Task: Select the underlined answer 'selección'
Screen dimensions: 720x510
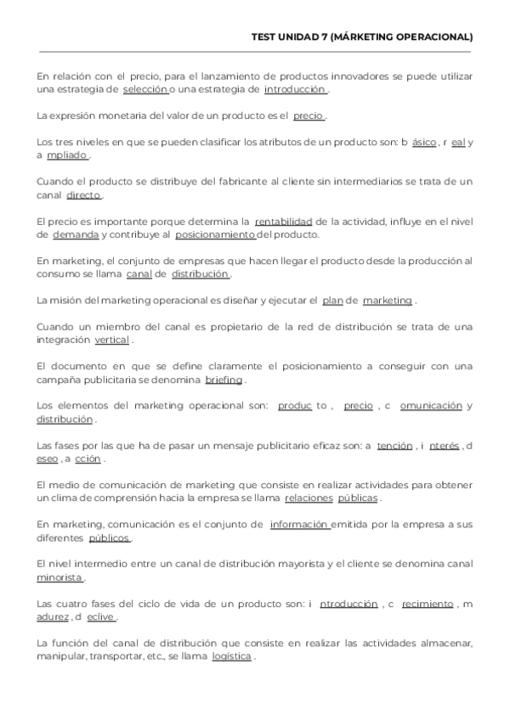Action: click(x=145, y=89)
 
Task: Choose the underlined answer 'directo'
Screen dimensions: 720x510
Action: click(x=83, y=195)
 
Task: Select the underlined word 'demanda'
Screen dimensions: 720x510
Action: click(x=75, y=235)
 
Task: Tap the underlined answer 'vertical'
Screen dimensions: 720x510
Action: click(x=111, y=340)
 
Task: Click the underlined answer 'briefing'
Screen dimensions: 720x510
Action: click(x=224, y=380)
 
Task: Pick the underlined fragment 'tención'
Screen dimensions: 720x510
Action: click(x=394, y=446)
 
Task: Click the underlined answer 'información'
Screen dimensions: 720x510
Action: click(x=299, y=525)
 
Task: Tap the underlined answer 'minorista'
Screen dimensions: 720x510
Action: click(x=59, y=578)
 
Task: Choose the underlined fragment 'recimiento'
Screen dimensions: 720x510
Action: click(x=428, y=605)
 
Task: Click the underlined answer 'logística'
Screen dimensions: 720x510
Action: click(x=231, y=657)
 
